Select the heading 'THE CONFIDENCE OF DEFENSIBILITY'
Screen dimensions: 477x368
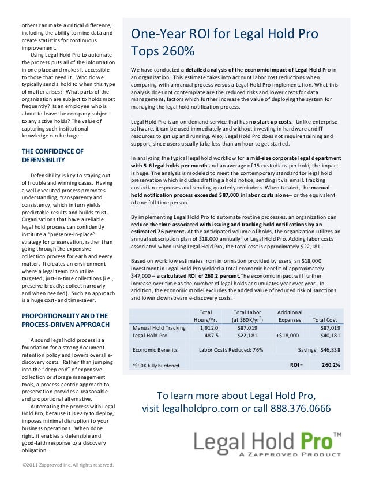pos(52,155)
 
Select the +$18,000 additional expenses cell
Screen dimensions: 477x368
pos(286,335)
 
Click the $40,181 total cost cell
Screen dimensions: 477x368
pos(329,335)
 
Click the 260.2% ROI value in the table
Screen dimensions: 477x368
pos(330,365)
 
